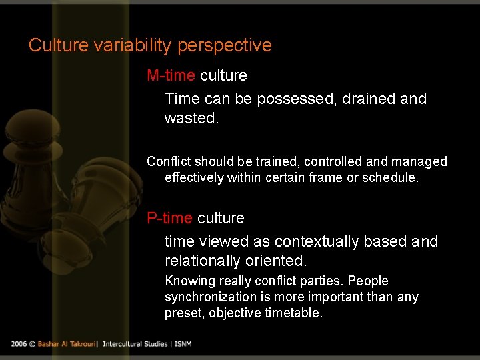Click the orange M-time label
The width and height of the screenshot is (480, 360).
coord(171,75)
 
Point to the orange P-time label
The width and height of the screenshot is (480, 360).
coord(169,218)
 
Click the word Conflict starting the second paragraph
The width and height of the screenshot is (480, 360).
coord(169,161)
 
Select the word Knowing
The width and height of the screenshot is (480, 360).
coord(190,281)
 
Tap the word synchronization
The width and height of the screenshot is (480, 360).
coord(211,297)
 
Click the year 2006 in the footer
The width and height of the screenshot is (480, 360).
coord(19,343)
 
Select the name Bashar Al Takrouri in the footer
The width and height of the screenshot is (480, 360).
coord(66,343)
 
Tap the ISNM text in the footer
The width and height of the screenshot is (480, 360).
coord(181,343)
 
